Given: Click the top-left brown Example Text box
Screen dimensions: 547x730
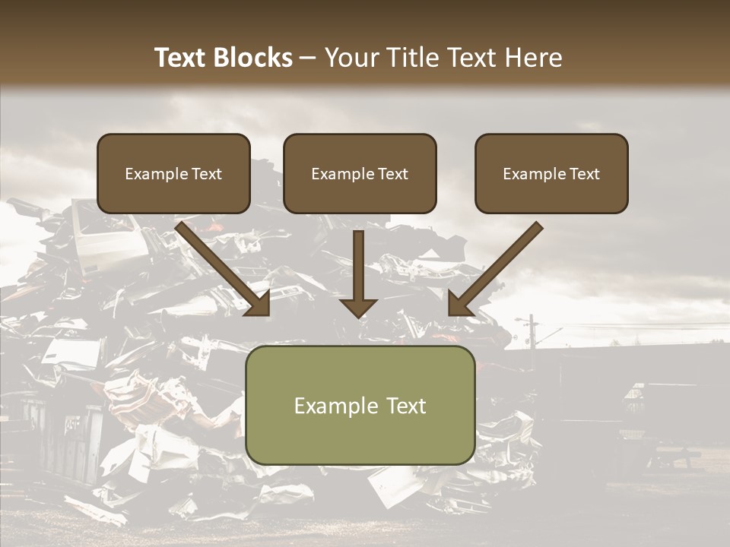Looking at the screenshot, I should tap(173, 173).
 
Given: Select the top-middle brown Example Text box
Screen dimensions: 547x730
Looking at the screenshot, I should tap(360, 173).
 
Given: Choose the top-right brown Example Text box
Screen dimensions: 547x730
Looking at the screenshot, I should tap(551, 173).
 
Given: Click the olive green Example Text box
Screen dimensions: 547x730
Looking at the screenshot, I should tap(360, 405).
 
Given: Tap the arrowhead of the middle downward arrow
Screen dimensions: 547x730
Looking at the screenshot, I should tap(358, 306).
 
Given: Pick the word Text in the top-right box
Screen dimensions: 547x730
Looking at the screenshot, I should tap(584, 174).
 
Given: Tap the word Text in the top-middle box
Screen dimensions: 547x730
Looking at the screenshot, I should tap(392, 174).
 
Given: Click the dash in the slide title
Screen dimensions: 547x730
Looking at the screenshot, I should tap(308, 58).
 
